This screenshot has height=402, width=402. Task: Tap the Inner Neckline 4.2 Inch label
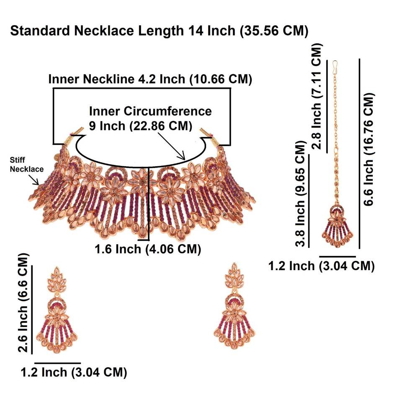(150, 79)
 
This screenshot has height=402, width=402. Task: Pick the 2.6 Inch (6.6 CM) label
(25, 302)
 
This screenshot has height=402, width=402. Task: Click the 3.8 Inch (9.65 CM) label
(300, 195)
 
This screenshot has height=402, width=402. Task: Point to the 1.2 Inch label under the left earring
(74, 372)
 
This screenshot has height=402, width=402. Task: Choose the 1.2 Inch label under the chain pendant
(321, 265)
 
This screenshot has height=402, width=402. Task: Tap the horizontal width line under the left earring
(57, 363)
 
